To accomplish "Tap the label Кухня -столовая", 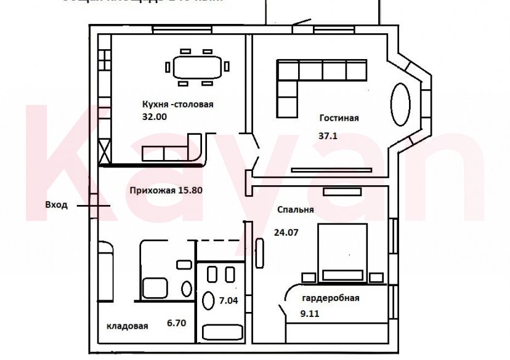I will [x=177, y=105].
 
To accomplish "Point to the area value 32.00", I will [x=155, y=116].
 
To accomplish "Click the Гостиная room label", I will [x=339, y=118].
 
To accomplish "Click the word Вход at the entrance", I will [x=56, y=205].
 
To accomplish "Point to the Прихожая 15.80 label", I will [x=166, y=190].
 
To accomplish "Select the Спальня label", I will [x=296, y=210].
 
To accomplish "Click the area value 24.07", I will [x=286, y=233].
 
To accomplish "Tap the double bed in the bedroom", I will [x=342, y=252].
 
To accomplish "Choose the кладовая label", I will [x=127, y=327].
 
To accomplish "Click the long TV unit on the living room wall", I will [x=331, y=169].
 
